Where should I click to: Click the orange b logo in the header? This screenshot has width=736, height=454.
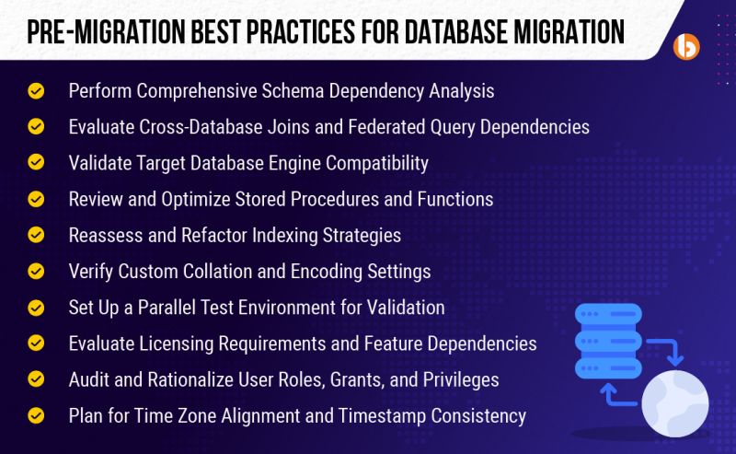click(x=686, y=46)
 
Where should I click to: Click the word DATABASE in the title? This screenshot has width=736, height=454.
click(x=458, y=30)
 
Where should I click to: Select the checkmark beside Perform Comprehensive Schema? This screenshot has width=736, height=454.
click(x=36, y=91)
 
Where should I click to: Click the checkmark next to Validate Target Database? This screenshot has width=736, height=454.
click(x=36, y=163)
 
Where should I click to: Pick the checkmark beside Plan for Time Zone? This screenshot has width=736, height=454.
click(x=36, y=415)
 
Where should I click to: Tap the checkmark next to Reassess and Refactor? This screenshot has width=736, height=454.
click(x=36, y=235)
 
